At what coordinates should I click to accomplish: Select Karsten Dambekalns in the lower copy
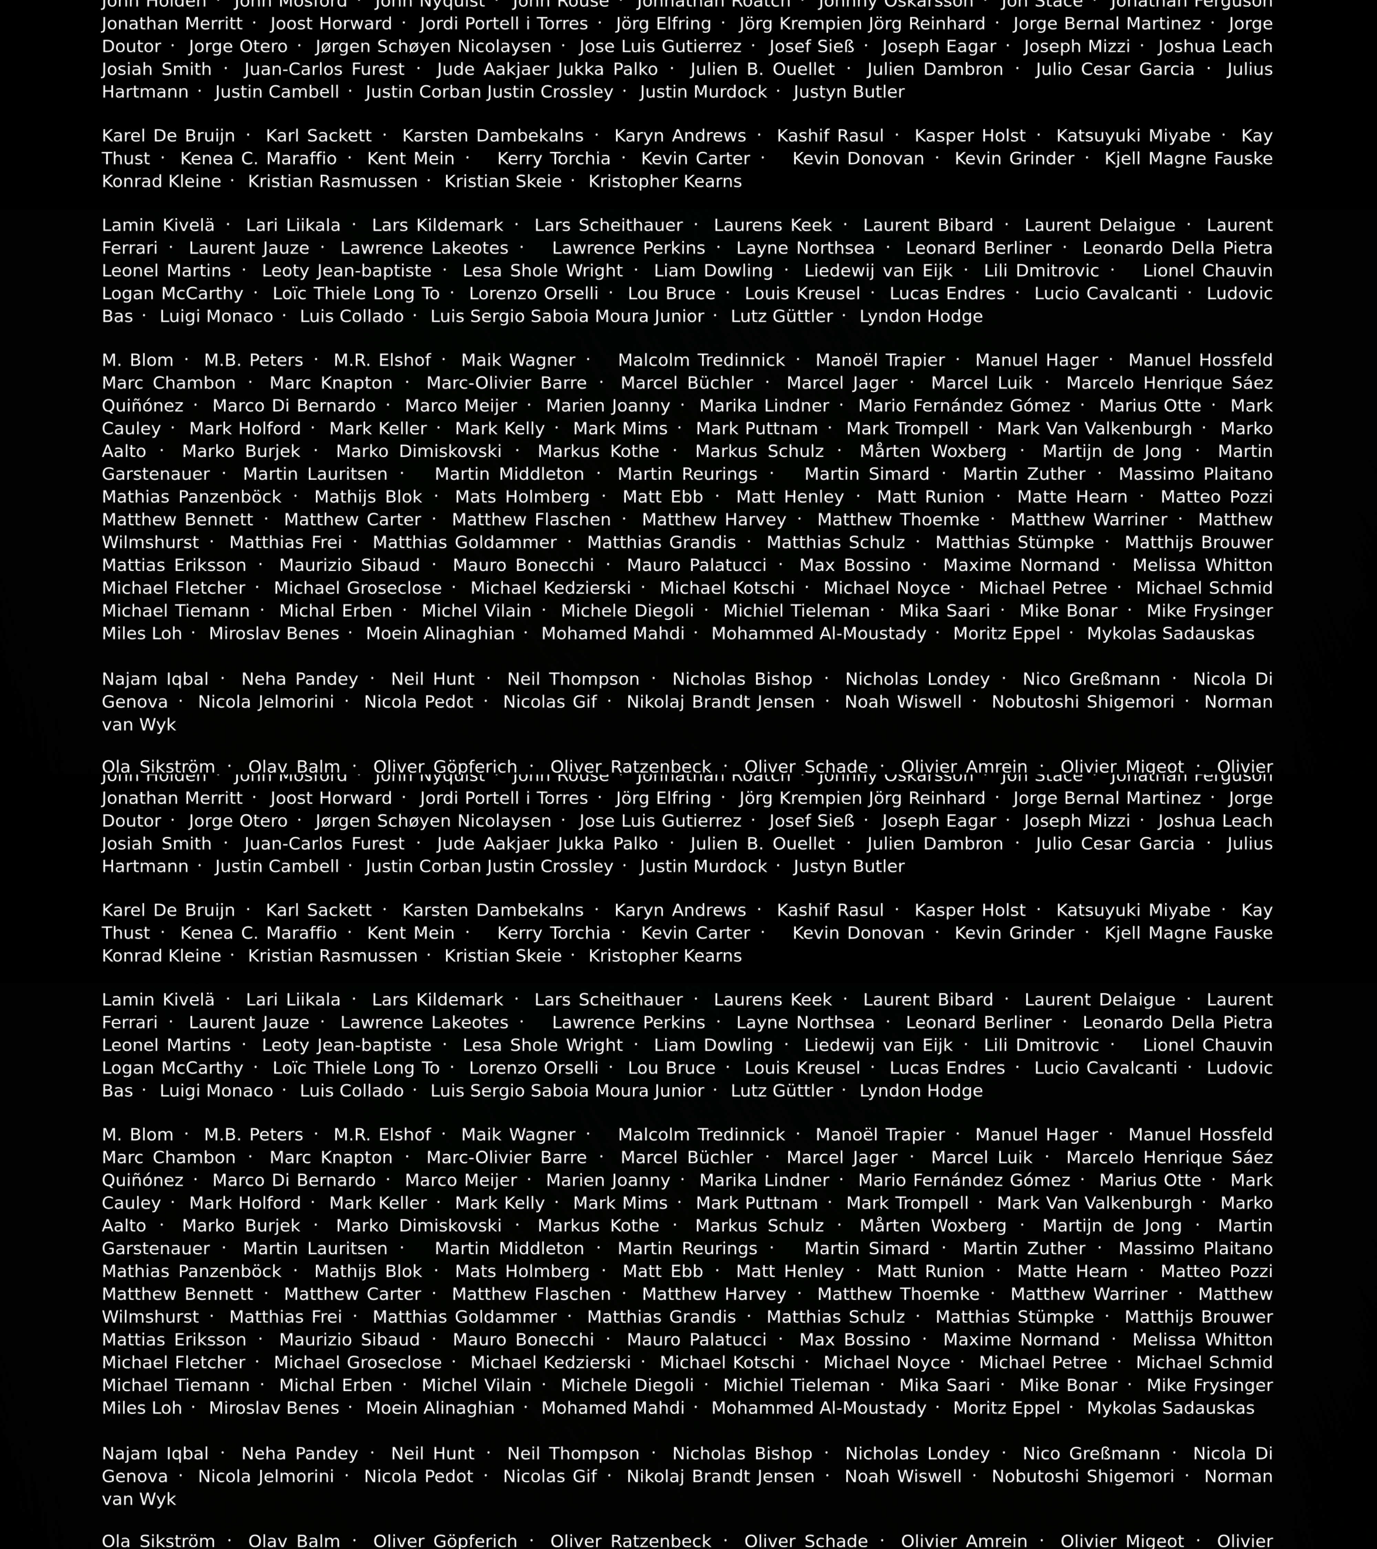493,911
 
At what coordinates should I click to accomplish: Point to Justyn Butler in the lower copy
849,867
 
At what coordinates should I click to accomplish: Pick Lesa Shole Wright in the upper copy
543,271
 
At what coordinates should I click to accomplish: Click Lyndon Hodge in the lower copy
921,1091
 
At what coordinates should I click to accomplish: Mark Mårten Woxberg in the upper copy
933,452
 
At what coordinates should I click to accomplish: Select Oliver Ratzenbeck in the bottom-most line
631,1541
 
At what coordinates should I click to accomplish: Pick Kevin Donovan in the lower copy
858,934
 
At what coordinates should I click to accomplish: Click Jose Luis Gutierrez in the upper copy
660,47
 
